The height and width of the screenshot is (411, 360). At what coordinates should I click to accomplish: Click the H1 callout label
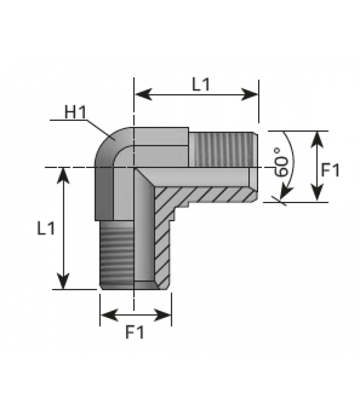(75, 112)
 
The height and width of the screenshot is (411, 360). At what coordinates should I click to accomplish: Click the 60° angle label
(280, 162)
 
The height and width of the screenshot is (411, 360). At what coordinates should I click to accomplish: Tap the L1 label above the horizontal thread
(201, 84)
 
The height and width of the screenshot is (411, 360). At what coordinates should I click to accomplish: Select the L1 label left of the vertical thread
(46, 228)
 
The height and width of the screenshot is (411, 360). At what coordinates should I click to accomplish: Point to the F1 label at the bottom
(135, 332)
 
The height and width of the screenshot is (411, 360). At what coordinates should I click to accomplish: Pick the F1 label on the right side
(330, 170)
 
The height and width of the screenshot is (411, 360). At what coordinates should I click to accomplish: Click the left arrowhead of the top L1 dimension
(144, 95)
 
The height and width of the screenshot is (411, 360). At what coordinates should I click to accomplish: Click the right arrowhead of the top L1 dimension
(249, 95)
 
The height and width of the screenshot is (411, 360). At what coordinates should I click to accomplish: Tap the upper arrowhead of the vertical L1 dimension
(63, 176)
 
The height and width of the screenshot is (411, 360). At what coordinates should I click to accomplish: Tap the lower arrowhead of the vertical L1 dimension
(63, 281)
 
